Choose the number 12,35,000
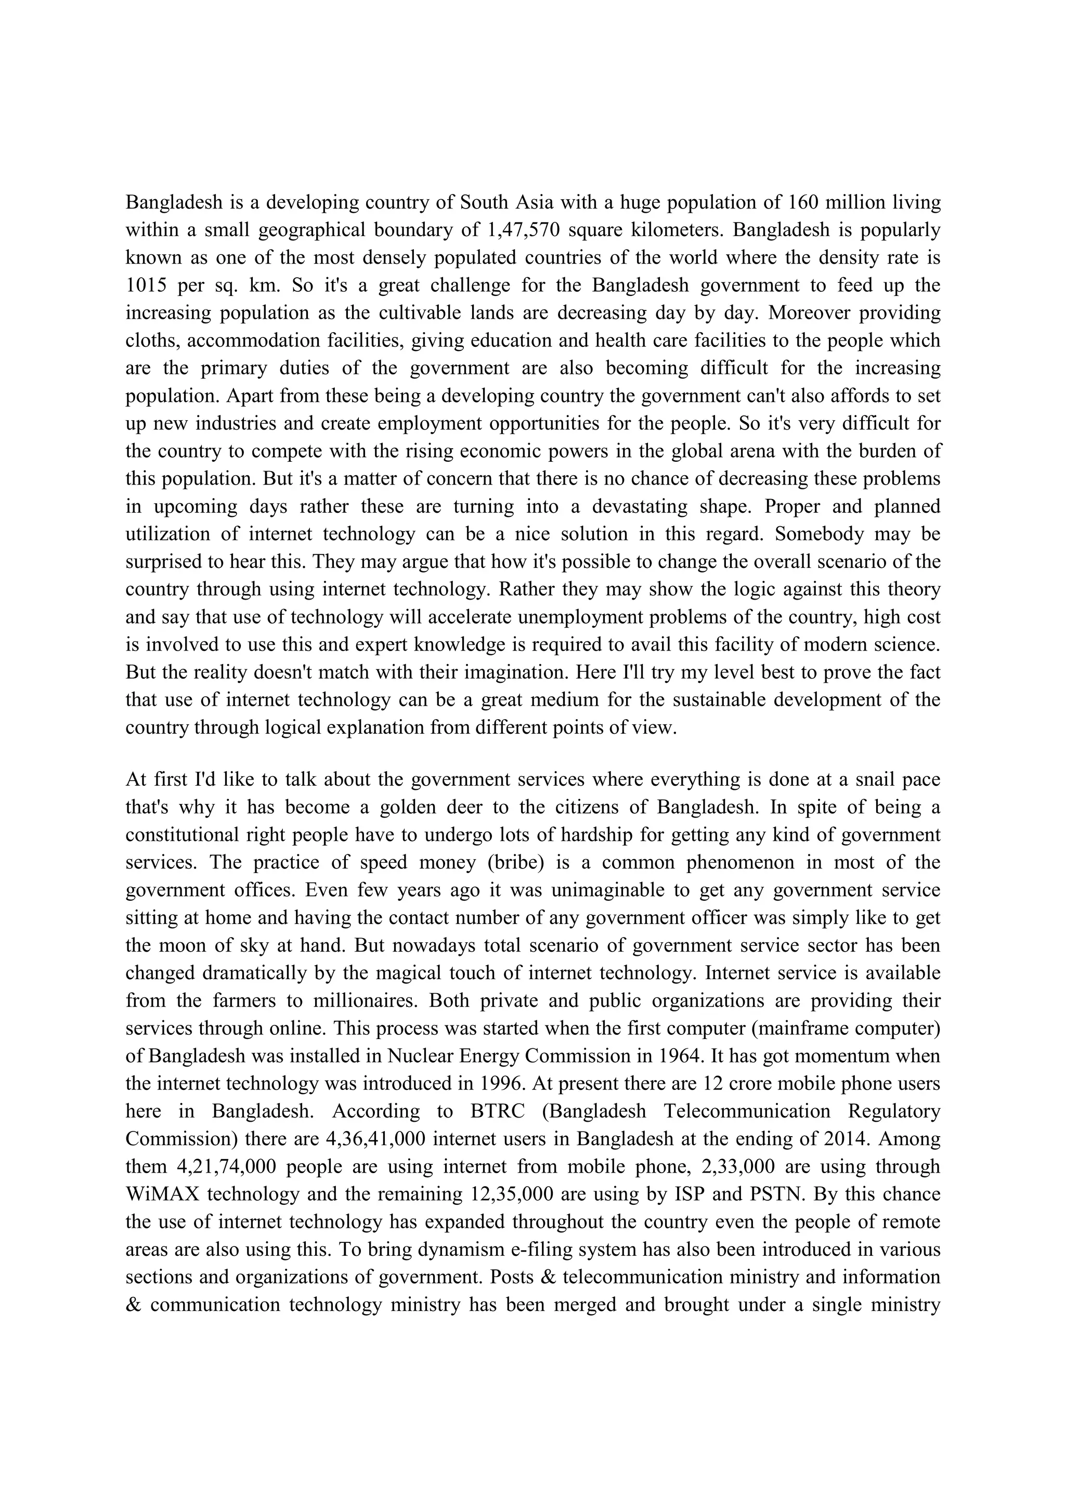pos(512,1194)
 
